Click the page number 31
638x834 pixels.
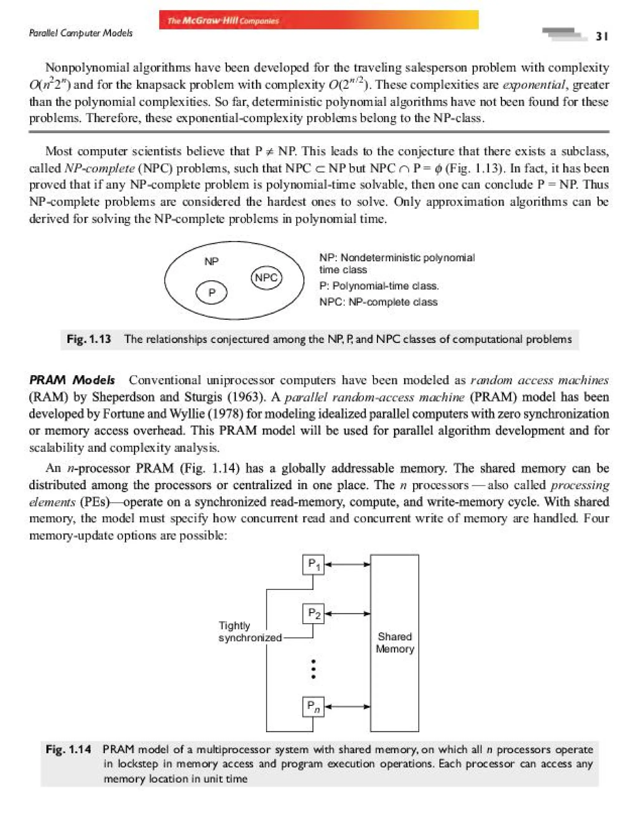point(602,36)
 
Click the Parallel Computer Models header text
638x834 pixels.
point(80,33)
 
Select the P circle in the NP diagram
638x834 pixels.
point(212,293)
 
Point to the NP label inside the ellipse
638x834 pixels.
point(212,261)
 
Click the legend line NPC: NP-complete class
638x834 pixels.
point(378,302)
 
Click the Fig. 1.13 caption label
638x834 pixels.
point(89,339)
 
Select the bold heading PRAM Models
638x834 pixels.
point(72,380)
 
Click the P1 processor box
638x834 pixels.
point(313,565)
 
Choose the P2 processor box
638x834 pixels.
point(313,614)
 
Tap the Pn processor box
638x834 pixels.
point(313,707)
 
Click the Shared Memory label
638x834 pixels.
point(395,643)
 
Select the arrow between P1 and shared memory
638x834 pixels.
point(347,565)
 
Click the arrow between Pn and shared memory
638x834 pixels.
point(347,707)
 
